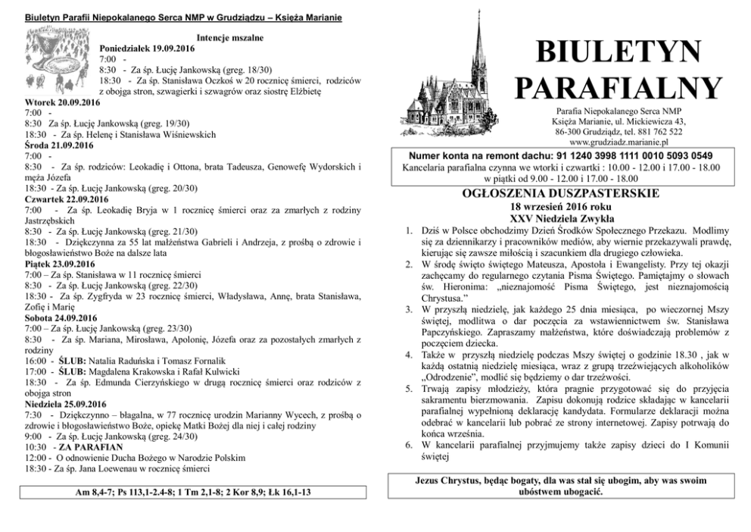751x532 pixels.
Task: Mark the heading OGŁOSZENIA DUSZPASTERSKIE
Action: pos(569,194)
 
